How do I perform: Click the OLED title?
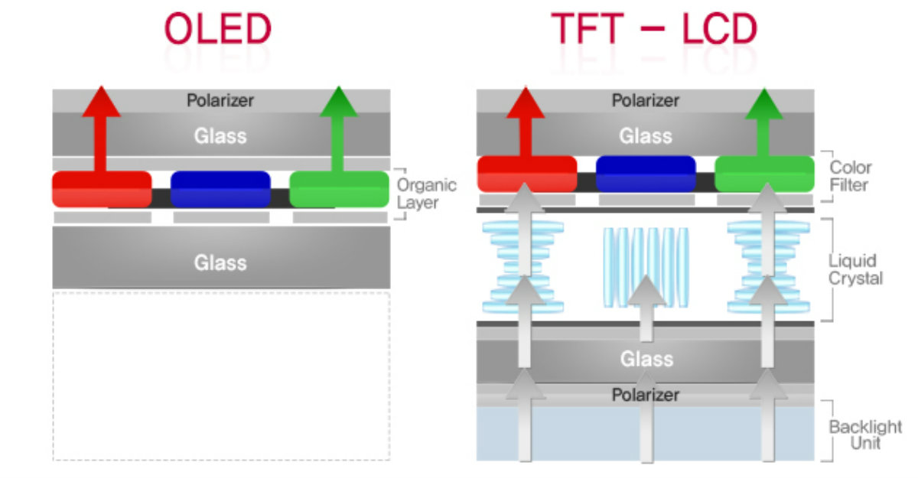pos(218,29)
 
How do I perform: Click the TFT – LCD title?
pos(654,29)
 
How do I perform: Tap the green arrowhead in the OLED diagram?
pos(339,102)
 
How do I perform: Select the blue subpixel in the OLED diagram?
pos(220,189)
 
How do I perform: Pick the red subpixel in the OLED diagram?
pos(102,189)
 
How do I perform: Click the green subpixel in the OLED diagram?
pos(339,189)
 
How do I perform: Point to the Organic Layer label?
pos(427,194)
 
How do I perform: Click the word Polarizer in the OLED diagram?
pos(220,99)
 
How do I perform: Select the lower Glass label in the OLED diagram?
pos(220,263)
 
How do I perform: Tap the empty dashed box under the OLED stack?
pos(220,375)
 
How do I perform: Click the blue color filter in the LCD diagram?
pos(646,174)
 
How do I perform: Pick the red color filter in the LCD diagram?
pos(526,174)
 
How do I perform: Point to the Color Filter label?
pos(851,176)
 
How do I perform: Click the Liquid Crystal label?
pos(855,269)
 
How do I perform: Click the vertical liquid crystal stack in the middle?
pos(646,264)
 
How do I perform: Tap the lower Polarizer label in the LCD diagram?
pos(646,395)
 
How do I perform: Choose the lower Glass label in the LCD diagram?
pos(646,359)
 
